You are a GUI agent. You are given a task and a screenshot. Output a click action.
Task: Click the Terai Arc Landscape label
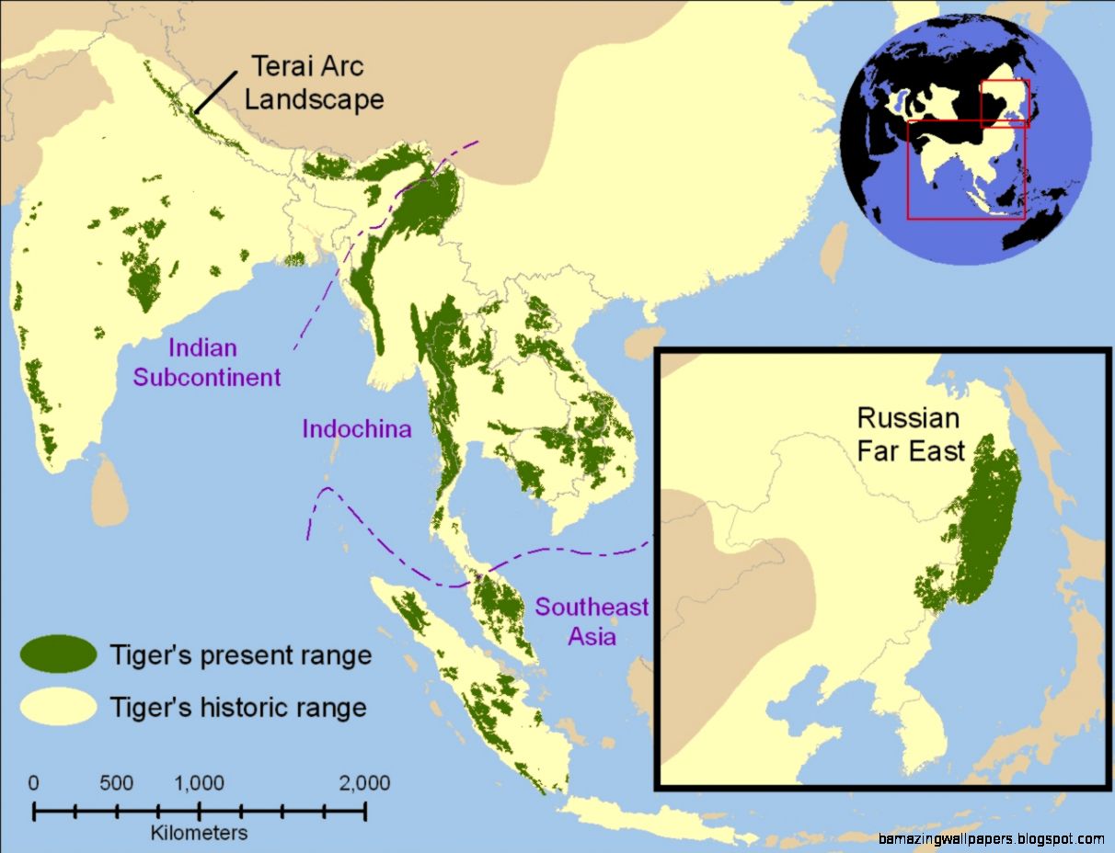314,83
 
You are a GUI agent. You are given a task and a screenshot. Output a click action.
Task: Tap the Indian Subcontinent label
207,363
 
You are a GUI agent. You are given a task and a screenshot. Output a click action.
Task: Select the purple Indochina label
356,429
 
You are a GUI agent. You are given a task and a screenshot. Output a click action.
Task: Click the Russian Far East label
911,434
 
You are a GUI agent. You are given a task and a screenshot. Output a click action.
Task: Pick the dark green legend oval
59,654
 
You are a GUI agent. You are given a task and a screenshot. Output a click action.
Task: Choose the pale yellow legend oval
59,706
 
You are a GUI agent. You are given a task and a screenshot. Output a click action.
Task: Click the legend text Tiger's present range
240,655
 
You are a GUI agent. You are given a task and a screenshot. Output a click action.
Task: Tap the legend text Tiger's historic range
237,707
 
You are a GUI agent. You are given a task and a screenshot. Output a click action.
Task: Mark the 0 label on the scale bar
34,784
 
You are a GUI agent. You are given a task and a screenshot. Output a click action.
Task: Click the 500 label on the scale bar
116,784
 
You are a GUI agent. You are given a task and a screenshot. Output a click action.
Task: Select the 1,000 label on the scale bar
199,784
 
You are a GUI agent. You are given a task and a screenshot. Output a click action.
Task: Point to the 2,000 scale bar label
364,784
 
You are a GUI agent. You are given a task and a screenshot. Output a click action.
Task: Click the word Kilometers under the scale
200,833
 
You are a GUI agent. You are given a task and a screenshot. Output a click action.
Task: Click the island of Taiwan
833,250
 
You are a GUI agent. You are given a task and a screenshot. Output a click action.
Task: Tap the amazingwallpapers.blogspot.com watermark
991,838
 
